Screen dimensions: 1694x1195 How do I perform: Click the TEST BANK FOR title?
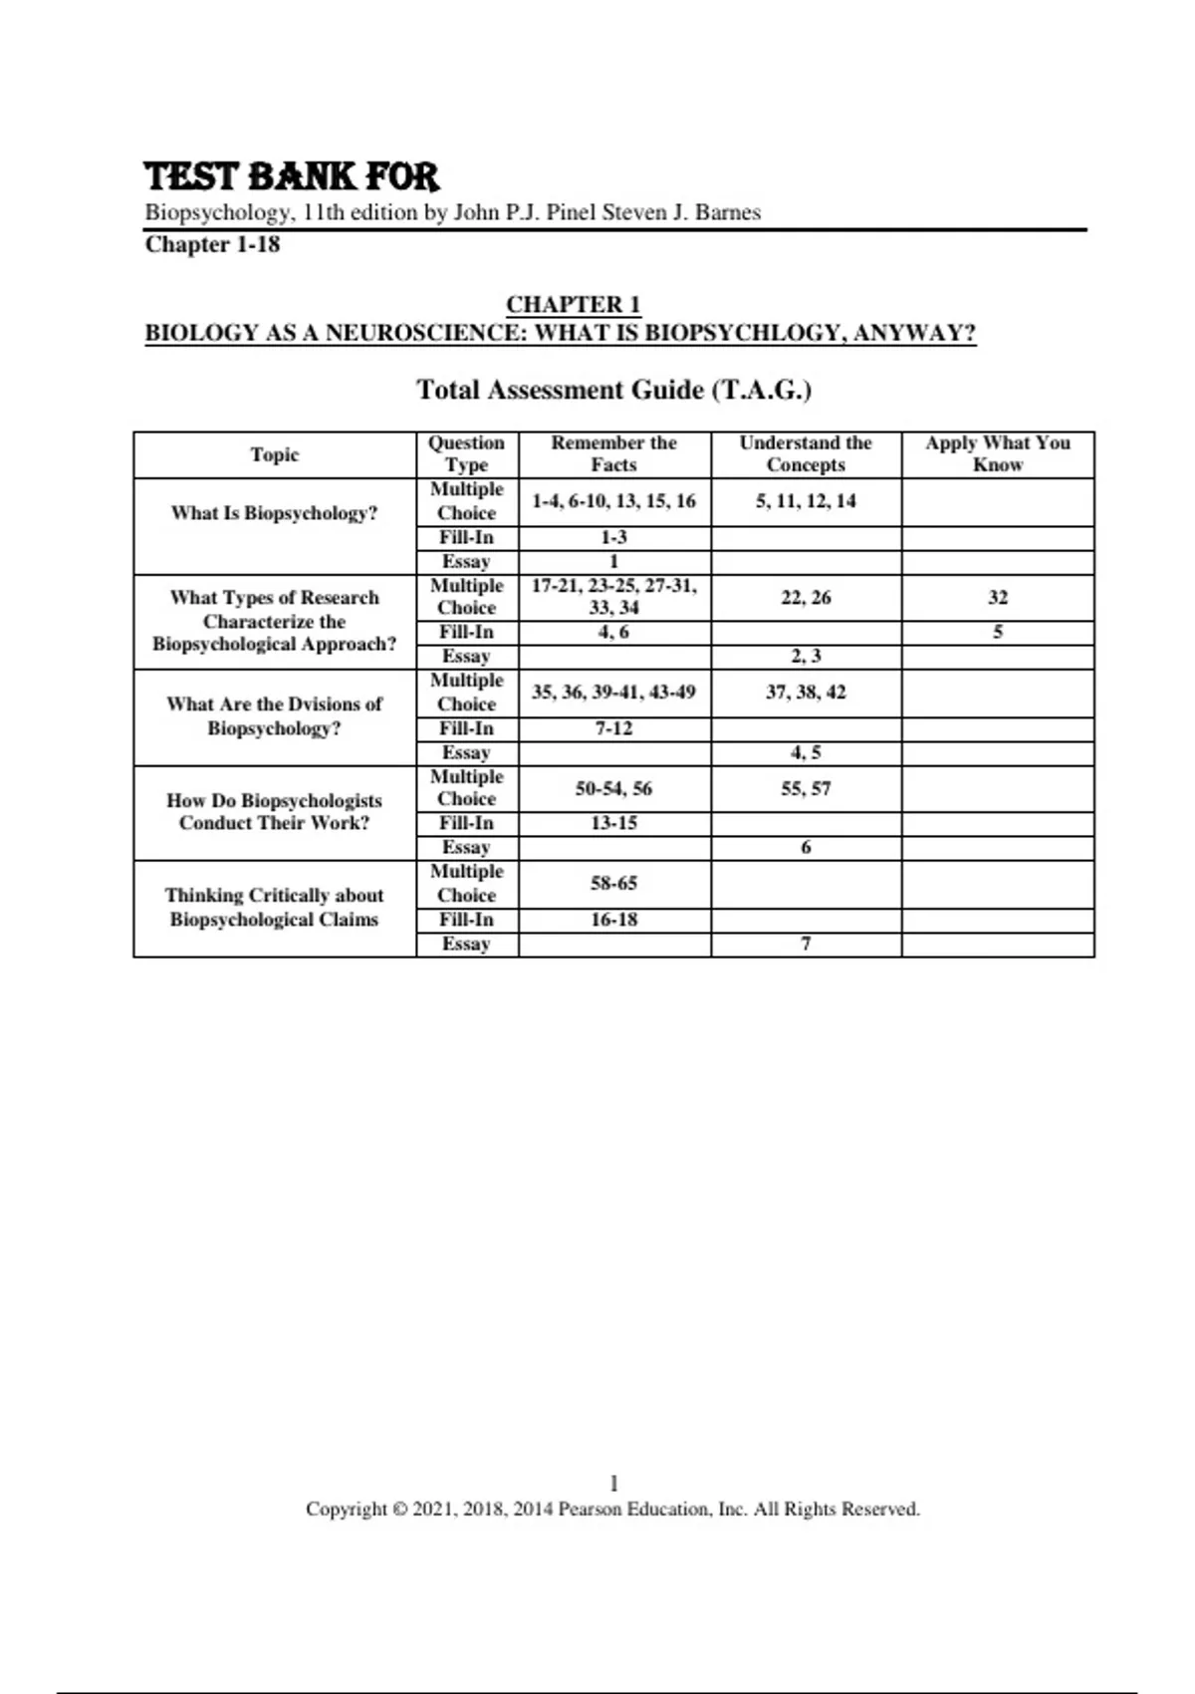point(291,176)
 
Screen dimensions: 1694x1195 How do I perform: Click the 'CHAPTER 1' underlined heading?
point(573,304)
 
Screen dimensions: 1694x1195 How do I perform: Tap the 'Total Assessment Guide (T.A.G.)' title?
point(613,390)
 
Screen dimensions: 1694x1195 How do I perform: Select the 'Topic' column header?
point(274,454)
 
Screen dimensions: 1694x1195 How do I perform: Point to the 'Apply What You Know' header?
point(997,453)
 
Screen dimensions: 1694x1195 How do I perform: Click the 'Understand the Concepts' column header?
point(805,453)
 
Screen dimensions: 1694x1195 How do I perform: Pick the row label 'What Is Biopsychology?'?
point(274,513)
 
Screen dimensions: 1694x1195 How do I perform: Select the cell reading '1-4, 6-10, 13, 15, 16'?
point(613,501)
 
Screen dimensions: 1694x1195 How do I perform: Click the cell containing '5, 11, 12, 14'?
point(805,501)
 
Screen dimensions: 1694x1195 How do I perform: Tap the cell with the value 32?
point(997,597)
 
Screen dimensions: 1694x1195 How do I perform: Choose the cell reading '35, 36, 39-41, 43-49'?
point(613,692)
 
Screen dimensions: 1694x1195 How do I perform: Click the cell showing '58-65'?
point(613,883)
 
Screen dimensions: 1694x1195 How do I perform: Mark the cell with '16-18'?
point(613,920)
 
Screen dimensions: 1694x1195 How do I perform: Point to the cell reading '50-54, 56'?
point(613,788)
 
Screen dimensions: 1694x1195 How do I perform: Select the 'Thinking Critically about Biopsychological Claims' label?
point(274,907)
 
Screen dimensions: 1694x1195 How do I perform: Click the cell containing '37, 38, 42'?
point(805,692)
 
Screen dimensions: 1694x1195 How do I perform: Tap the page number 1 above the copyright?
point(613,1483)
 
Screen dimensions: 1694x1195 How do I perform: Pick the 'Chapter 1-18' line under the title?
point(212,244)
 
